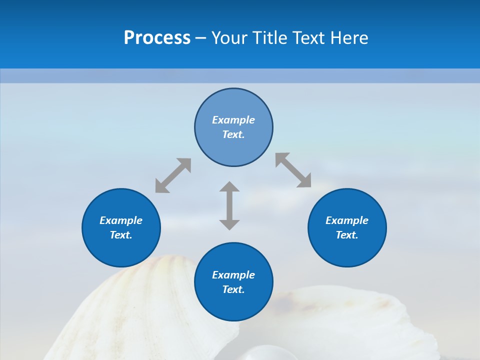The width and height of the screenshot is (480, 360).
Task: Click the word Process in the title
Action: coord(157,38)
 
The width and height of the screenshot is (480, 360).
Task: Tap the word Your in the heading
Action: coord(229,38)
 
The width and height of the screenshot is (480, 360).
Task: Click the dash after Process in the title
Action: coord(200,38)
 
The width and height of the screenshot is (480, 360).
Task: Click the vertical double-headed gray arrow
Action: coord(229,205)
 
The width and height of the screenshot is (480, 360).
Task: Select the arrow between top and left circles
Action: coord(173,175)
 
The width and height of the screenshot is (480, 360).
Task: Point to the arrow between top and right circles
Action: coord(293,170)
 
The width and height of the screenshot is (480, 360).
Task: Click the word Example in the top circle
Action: coord(233,120)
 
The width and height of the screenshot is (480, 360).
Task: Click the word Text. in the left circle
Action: coord(121,235)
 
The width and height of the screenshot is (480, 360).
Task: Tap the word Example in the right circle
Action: coord(347,220)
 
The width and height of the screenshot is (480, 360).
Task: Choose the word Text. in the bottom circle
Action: coord(233,289)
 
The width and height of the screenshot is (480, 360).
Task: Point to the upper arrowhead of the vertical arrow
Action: coord(229,187)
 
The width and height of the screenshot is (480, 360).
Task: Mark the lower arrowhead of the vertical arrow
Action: coord(229,224)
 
